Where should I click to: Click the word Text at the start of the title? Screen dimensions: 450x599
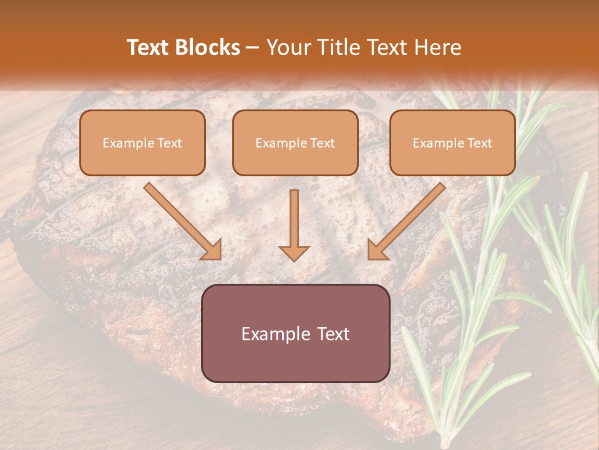(149, 47)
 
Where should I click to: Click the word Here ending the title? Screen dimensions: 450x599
(439, 47)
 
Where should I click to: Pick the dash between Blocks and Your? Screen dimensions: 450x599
(253, 48)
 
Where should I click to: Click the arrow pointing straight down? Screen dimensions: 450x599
(294, 225)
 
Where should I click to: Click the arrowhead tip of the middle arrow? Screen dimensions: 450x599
(294, 260)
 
